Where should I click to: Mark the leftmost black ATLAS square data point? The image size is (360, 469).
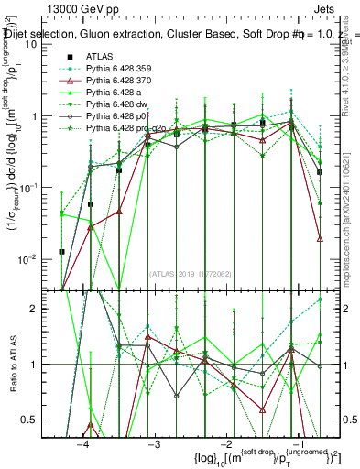[x=61, y=251]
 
